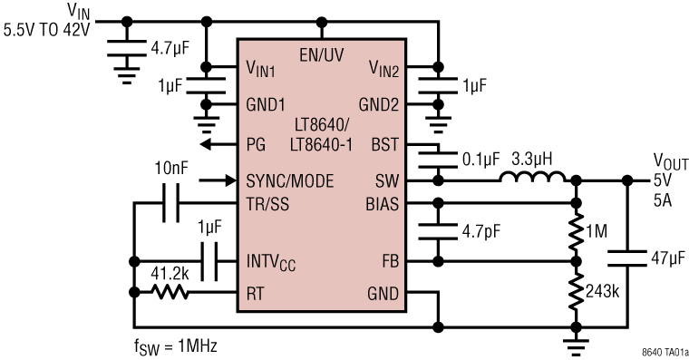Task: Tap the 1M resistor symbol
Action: [x=574, y=232]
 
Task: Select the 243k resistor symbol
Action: [x=574, y=293]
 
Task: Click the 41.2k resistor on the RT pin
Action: [x=170, y=292]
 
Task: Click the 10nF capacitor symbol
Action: [x=170, y=203]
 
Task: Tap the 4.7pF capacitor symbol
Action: [x=439, y=232]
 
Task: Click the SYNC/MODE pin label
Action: [x=289, y=180]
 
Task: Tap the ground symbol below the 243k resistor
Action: [x=574, y=341]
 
